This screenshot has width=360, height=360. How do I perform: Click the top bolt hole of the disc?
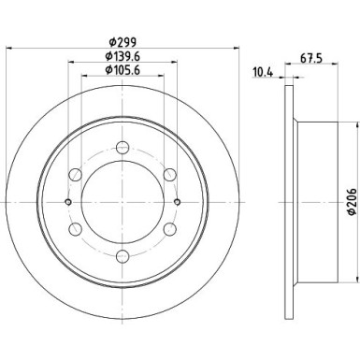pos(123,146)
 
